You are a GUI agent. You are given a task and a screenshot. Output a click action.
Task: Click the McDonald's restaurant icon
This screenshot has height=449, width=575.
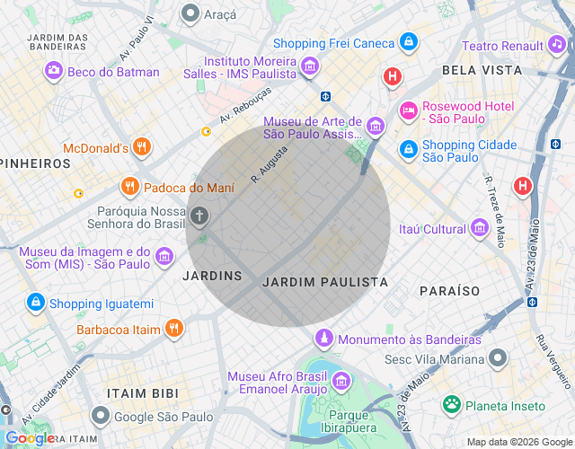pos(140,147)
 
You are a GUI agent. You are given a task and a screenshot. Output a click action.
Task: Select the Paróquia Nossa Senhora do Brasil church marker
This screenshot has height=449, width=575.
pos(199,216)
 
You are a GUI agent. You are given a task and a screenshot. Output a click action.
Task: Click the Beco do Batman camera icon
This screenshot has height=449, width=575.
pos(54,72)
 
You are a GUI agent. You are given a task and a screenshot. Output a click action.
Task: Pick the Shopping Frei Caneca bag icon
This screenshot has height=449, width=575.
pos(408,42)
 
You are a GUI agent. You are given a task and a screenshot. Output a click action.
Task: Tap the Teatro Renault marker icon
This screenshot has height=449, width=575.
pos(557,45)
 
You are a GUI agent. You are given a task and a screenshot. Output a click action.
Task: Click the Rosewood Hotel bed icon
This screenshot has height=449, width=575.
pos(408,110)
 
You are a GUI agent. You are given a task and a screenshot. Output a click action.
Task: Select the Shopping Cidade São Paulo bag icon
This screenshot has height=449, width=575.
pos(408,149)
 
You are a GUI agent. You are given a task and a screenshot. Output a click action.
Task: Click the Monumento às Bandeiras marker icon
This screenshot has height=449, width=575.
pos(323,339)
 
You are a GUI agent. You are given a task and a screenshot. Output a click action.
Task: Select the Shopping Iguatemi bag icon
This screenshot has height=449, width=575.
pos(36,304)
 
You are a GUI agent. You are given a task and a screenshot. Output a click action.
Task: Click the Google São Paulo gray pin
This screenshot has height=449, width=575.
pos(101,417)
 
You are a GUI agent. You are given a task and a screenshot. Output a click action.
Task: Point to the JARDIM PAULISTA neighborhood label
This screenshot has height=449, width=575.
pos(324,282)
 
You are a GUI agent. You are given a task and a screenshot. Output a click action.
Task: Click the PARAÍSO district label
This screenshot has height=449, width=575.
pos(449,291)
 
